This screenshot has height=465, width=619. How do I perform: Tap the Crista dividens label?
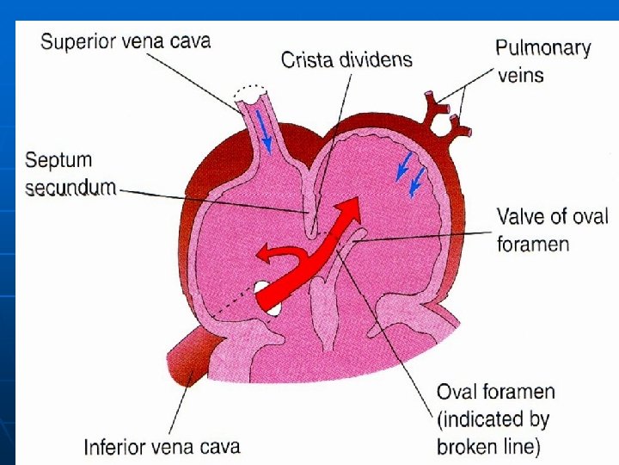(346, 60)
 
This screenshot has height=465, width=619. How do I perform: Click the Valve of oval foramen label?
(552, 230)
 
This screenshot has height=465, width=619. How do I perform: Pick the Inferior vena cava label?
(162, 446)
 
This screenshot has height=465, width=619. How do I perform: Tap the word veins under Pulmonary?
(521, 76)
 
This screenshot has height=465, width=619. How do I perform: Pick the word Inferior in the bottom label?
(115, 446)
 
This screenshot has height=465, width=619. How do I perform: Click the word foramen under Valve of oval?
(533, 244)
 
